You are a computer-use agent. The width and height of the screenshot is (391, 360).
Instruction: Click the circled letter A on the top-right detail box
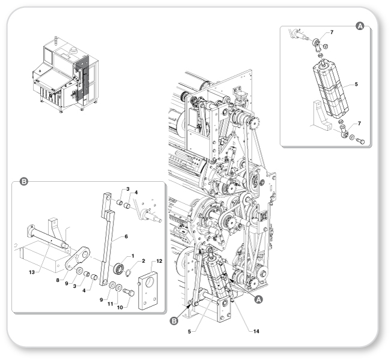360,26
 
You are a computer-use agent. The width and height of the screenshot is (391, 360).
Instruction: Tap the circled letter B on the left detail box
23,182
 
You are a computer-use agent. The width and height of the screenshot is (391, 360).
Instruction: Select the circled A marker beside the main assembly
258,299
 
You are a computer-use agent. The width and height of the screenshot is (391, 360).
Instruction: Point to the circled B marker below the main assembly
174,321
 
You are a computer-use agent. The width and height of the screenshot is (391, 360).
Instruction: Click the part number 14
256,331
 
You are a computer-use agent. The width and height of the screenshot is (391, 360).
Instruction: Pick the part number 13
32,272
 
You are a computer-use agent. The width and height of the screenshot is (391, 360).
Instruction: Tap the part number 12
159,261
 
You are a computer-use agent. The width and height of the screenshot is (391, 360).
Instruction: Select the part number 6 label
126,236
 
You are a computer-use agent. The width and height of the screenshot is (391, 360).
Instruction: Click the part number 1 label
133,256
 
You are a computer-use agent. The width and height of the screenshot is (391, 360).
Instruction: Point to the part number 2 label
143,261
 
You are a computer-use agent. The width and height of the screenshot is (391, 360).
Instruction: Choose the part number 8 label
58,280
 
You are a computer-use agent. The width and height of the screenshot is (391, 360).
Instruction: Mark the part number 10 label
120,307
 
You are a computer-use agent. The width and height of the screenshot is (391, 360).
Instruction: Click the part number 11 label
111,304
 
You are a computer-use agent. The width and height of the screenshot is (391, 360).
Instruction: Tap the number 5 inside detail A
356,84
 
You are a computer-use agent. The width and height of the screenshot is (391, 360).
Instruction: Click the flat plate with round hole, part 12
148,290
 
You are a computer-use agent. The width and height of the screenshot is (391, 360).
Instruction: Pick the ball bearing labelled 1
119,269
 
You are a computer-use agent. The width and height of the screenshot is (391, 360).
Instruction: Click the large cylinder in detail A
330,89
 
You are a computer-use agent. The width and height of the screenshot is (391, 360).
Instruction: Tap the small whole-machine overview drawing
65,75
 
